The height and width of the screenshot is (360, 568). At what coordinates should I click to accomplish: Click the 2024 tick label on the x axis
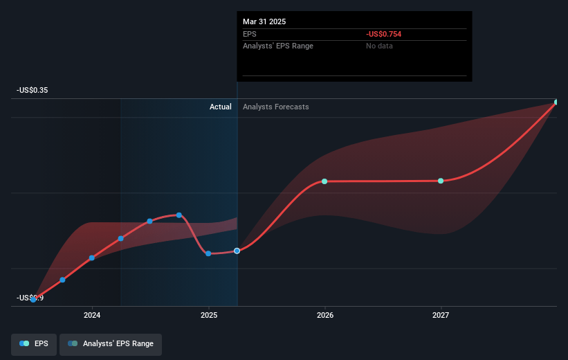pos(92,315)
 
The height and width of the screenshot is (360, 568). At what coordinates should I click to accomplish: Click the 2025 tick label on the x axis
pos(208,315)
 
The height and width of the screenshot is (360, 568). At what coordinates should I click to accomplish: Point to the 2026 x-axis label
pos(324,315)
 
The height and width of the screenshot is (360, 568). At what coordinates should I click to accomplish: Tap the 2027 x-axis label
pos(441,315)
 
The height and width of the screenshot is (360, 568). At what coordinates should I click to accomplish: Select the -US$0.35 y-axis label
pos(34,90)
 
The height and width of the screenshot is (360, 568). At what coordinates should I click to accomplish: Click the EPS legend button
pos(34,343)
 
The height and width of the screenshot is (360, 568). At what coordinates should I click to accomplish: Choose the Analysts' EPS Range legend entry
pos(111,343)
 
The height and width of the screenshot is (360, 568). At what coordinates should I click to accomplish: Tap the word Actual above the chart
pos(221,107)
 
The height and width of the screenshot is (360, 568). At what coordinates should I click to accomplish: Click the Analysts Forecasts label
pos(275,107)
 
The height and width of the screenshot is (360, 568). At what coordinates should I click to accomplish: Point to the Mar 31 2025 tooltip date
pos(264,21)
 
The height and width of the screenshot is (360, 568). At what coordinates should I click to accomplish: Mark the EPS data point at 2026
pos(324,181)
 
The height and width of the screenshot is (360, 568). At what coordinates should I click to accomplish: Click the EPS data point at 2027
pos(441,181)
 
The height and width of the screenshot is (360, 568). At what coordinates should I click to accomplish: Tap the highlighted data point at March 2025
pos(237,251)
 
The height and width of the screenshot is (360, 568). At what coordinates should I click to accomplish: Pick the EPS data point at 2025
pos(208,253)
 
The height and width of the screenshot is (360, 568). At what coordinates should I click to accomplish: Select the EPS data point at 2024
pos(92,258)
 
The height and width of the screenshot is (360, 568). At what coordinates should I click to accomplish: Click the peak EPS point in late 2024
pos(179,215)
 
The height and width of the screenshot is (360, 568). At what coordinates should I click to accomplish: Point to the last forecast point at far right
pos(556,102)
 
